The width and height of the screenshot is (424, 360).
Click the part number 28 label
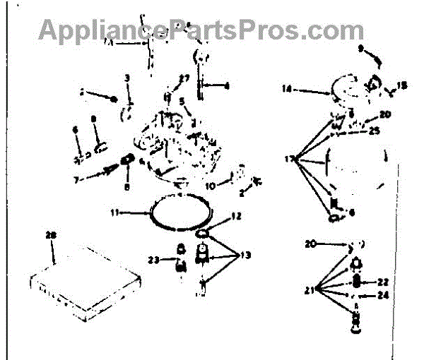[x=49, y=235]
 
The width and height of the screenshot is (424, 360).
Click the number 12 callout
[x=236, y=215]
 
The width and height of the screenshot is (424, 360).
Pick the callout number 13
[x=245, y=255]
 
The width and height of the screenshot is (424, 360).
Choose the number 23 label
[x=152, y=259]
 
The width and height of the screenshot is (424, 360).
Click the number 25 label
[x=375, y=130]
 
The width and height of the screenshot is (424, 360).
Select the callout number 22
[x=382, y=281]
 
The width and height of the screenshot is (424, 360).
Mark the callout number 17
[x=289, y=160]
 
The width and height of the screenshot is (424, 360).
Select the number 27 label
[x=184, y=78]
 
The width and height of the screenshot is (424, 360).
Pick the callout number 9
[x=360, y=49]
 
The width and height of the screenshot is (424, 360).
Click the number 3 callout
[x=126, y=77]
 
